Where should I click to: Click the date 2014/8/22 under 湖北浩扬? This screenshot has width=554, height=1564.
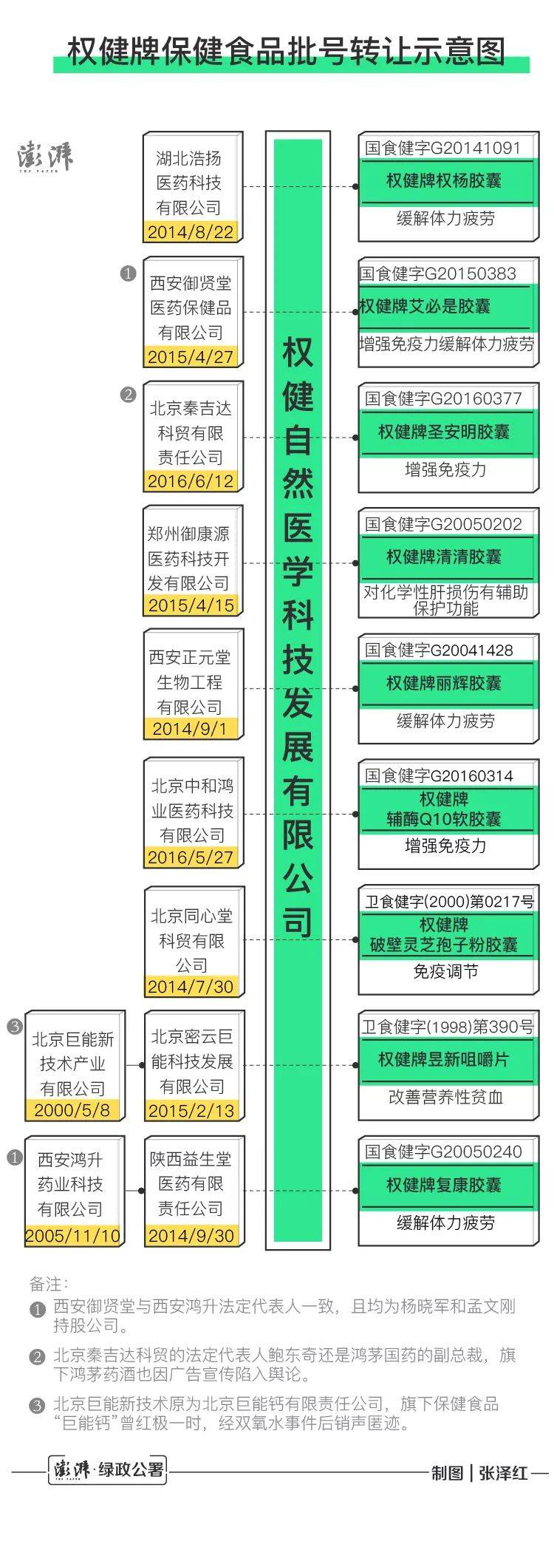(x=190, y=232)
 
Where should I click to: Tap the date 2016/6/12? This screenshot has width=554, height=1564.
(x=190, y=481)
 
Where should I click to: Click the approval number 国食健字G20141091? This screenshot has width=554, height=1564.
(x=442, y=148)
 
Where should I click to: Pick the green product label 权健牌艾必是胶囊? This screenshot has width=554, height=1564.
(x=424, y=306)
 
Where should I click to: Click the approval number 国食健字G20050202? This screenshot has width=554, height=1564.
(x=443, y=524)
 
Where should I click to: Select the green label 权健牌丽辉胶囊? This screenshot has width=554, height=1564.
(x=444, y=683)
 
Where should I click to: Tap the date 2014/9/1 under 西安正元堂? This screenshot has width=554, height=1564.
(x=190, y=729)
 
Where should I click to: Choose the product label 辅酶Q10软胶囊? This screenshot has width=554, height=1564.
(x=444, y=819)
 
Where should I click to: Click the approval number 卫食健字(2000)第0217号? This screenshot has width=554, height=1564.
(x=448, y=901)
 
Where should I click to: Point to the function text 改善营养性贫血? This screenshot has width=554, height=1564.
(x=445, y=1097)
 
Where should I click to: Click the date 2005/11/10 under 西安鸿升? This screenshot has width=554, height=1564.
(x=72, y=1235)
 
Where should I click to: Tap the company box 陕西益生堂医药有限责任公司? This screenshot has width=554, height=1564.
(x=194, y=1191)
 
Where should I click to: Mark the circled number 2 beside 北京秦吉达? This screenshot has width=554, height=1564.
(x=128, y=395)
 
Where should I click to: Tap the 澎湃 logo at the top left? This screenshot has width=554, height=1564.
(x=45, y=157)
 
